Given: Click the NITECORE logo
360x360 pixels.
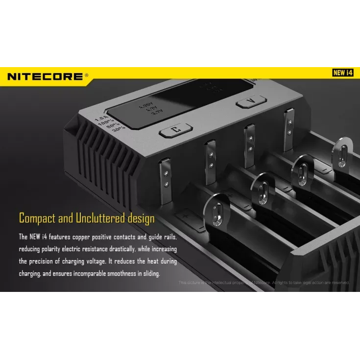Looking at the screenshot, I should (x=46, y=76).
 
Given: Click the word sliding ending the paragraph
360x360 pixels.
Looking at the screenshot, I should (x=150, y=274).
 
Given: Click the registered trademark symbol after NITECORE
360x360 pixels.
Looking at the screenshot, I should (x=87, y=75).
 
